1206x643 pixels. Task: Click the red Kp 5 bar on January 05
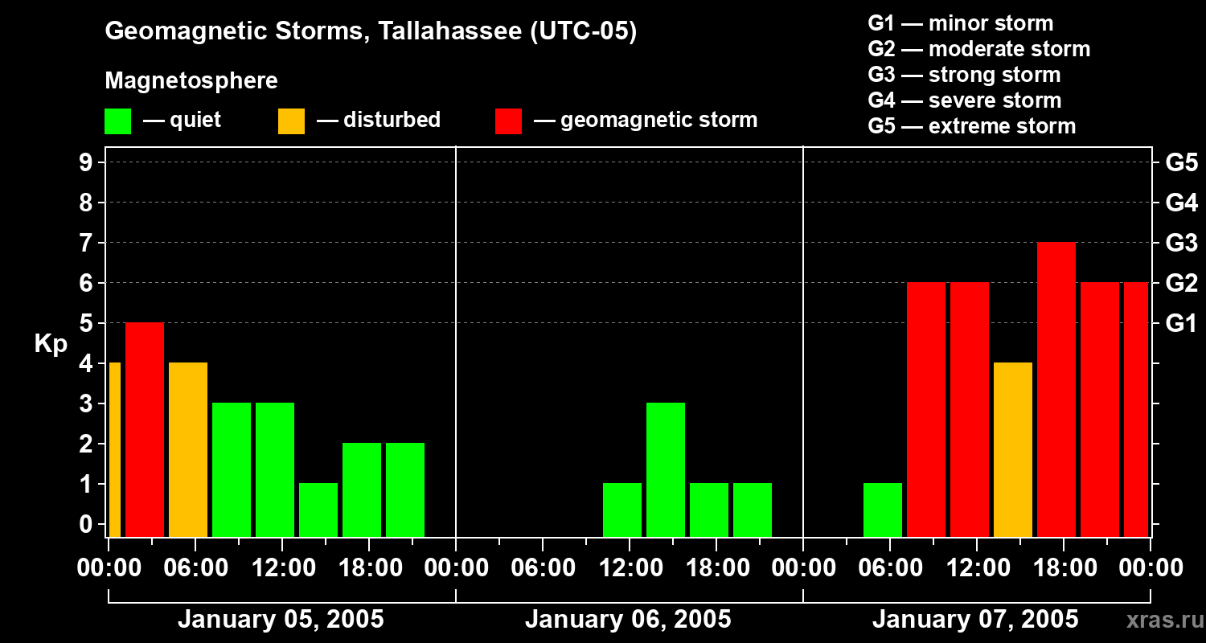tap(145, 429)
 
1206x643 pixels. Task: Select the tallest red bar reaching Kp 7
tap(1056, 389)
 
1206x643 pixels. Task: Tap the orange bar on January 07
tap(1013, 449)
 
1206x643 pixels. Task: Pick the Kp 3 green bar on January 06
tap(666, 469)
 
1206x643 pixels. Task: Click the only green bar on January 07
tap(883, 510)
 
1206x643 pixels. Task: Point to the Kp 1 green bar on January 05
tap(318, 510)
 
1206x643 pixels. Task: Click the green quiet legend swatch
tap(117, 121)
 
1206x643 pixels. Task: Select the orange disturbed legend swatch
tap(291, 121)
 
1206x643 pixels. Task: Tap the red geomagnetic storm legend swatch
tap(508, 121)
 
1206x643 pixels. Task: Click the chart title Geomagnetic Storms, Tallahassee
tap(371, 32)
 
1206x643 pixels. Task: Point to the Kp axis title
tap(51, 343)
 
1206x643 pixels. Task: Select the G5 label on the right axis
tap(1181, 162)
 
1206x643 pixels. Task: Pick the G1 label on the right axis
tap(1181, 323)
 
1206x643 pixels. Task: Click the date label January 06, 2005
tap(628, 620)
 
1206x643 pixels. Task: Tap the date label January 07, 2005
tap(975, 620)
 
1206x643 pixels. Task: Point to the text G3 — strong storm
tap(964, 75)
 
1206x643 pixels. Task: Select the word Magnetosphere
tap(191, 81)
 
